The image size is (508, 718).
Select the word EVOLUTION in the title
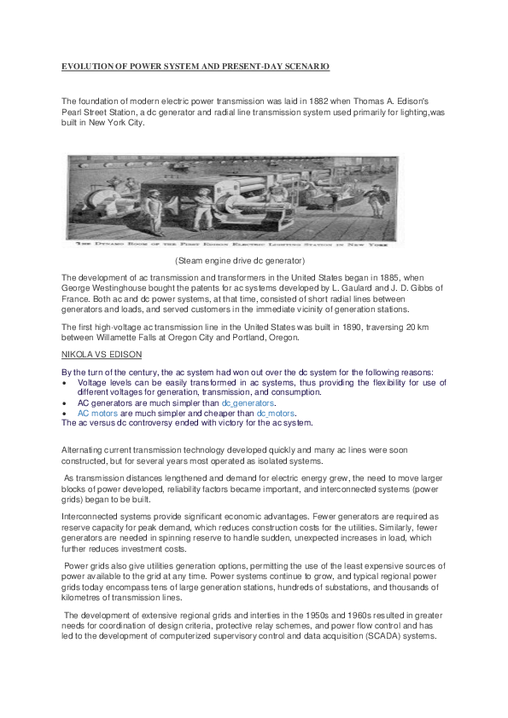tap(87, 66)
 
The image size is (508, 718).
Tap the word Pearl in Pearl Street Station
tap(75, 112)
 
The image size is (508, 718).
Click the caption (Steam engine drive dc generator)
tap(240, 259)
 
